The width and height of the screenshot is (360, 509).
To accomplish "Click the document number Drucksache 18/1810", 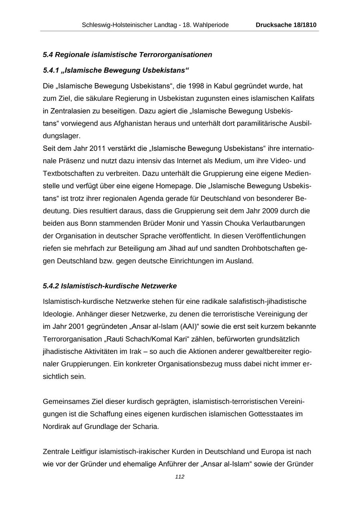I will [x=286, y=25].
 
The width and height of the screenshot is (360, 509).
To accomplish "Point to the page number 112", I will [x=180, y=477].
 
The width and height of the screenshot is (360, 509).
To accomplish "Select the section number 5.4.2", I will [x=51, y=286].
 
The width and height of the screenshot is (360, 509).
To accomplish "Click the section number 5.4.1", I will [x=51, y=70].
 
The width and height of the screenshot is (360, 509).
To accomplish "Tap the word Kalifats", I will [x=301, y=98].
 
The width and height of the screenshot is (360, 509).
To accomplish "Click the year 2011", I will [x=98, y=148].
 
